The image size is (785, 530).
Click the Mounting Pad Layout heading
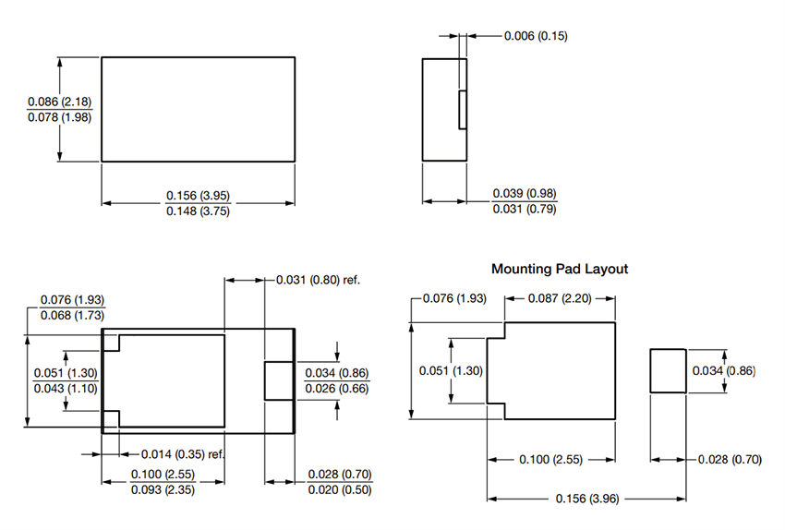(559, 269)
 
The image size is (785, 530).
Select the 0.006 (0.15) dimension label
(536, 36)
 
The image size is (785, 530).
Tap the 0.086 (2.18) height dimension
(59, 101)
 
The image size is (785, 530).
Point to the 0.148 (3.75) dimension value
(198, 211)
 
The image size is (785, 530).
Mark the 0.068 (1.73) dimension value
(71, 316)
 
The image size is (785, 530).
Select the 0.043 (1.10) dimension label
(65, 389)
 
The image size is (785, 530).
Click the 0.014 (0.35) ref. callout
(183, 454)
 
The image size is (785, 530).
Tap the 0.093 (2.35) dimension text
(163, 490)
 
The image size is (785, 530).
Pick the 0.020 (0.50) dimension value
(338, 490)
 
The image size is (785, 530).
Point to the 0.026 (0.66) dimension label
(337, 389)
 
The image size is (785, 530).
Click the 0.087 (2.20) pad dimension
(559, 298)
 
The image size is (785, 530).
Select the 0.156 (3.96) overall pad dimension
(586, 499)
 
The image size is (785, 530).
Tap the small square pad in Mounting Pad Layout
(668, 371)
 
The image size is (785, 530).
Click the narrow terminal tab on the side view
(463, 110)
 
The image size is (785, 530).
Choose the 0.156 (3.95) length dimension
(198, 195)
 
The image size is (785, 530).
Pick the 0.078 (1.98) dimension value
(59, 117)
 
